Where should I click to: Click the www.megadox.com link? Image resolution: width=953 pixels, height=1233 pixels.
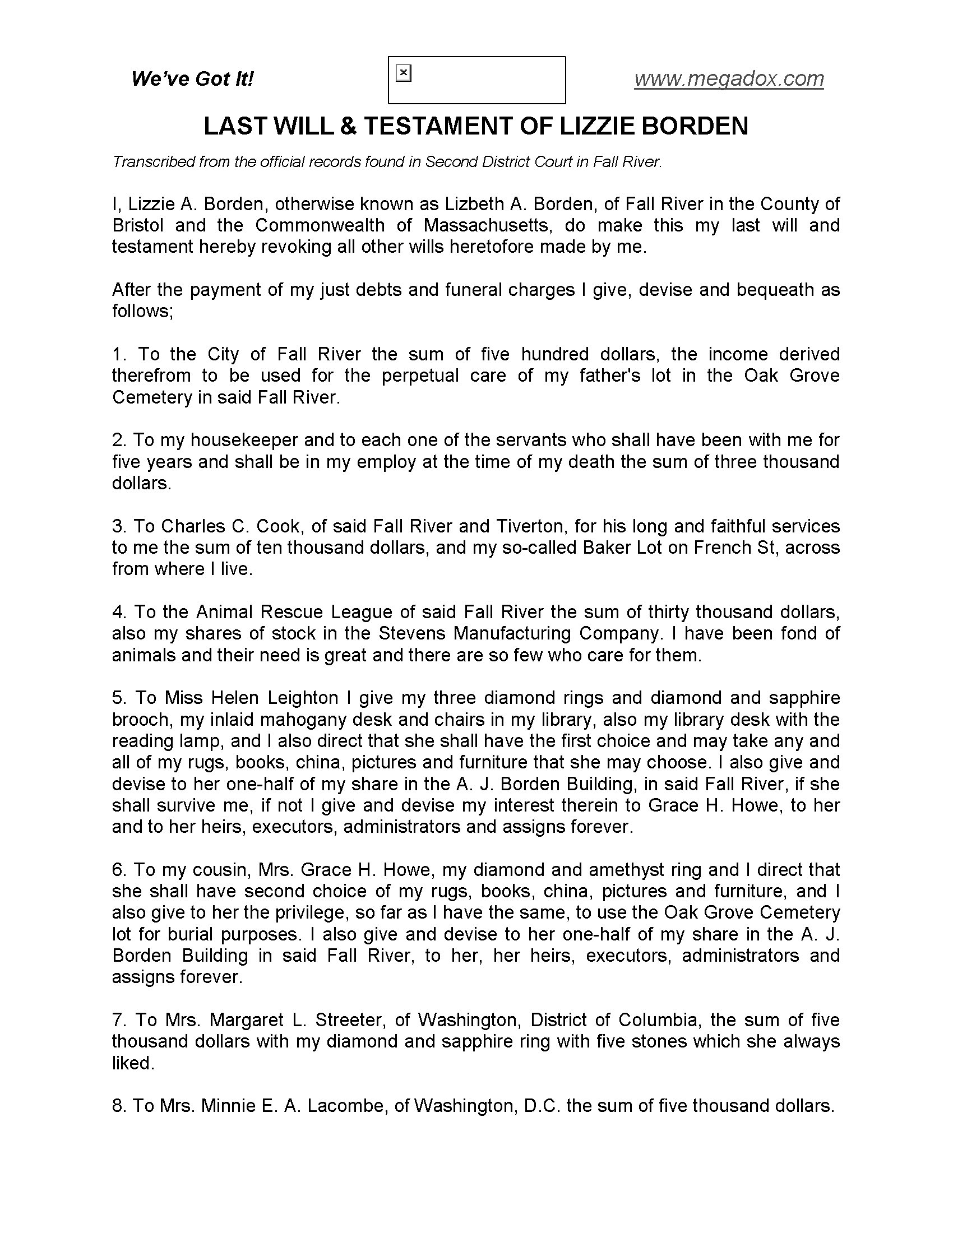728,78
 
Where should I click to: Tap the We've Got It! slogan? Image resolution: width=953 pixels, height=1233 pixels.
192,78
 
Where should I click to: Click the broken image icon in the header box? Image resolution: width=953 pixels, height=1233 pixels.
403,73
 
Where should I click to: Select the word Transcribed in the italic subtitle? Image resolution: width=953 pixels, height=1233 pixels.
144,162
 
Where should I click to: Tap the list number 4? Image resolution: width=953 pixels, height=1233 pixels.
117,612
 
